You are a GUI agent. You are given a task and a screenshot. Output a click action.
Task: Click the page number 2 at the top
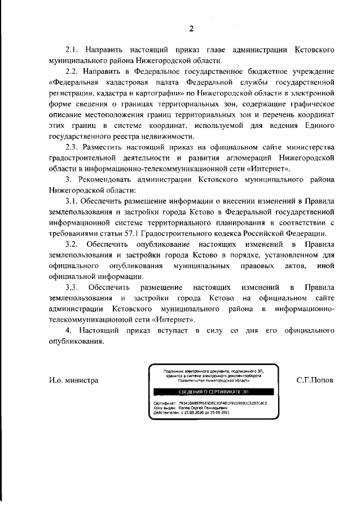[191, 29]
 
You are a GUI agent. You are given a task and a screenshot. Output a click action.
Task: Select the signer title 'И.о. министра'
[73, 380]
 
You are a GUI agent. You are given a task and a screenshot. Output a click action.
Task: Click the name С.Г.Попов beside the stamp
[315, 380]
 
